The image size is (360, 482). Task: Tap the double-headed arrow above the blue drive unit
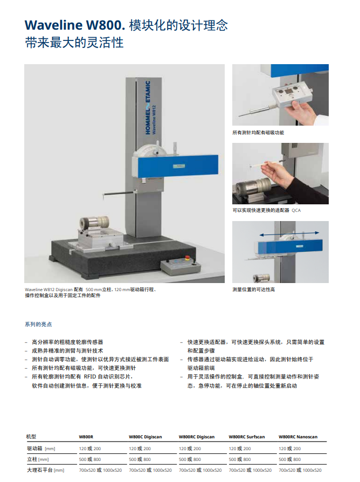point(280,235)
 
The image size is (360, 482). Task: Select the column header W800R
point(86,437)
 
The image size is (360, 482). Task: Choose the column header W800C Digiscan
point(145,437)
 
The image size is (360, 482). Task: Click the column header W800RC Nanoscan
point(298,437)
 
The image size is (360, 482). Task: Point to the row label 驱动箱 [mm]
point(41,449)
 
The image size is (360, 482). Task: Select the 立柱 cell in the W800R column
point(90,459)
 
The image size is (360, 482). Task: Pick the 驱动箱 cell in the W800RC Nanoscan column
point(289,449)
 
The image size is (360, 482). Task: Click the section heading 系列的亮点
point(38,325)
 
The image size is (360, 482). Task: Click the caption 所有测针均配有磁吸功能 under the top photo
point(258,133)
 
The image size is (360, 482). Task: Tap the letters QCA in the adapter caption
point(296,210)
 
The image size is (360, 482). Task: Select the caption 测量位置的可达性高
point(253,290)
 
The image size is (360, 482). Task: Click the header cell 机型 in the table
point(31,437)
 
